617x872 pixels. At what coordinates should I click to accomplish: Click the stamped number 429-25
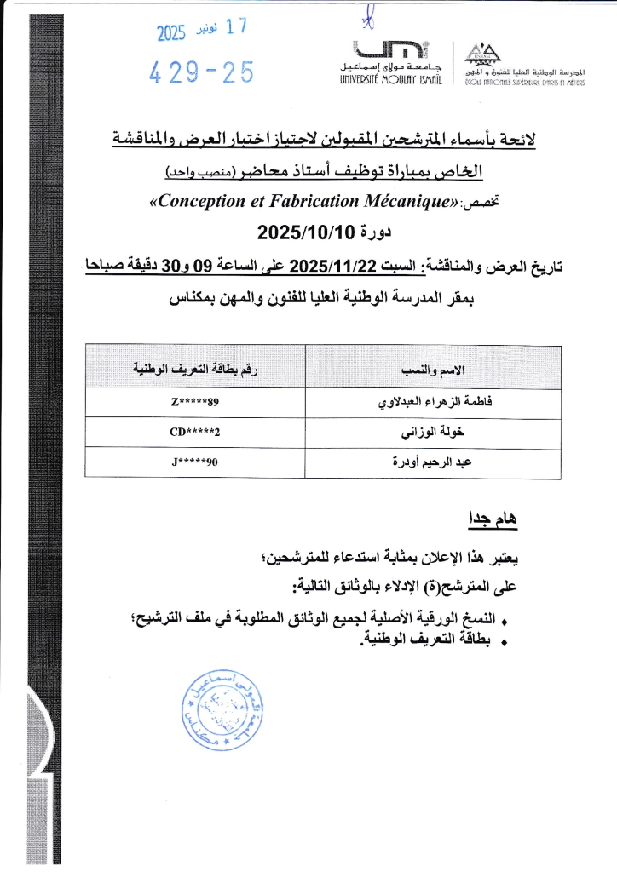coord(202,74)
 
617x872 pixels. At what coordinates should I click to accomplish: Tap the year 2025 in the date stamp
coord(173,33)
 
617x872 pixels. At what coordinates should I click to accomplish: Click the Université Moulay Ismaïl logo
coord(385,61)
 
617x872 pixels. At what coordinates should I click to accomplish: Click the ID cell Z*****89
coord(195,402)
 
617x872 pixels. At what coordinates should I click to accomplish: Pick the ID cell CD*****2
coord(195,433)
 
